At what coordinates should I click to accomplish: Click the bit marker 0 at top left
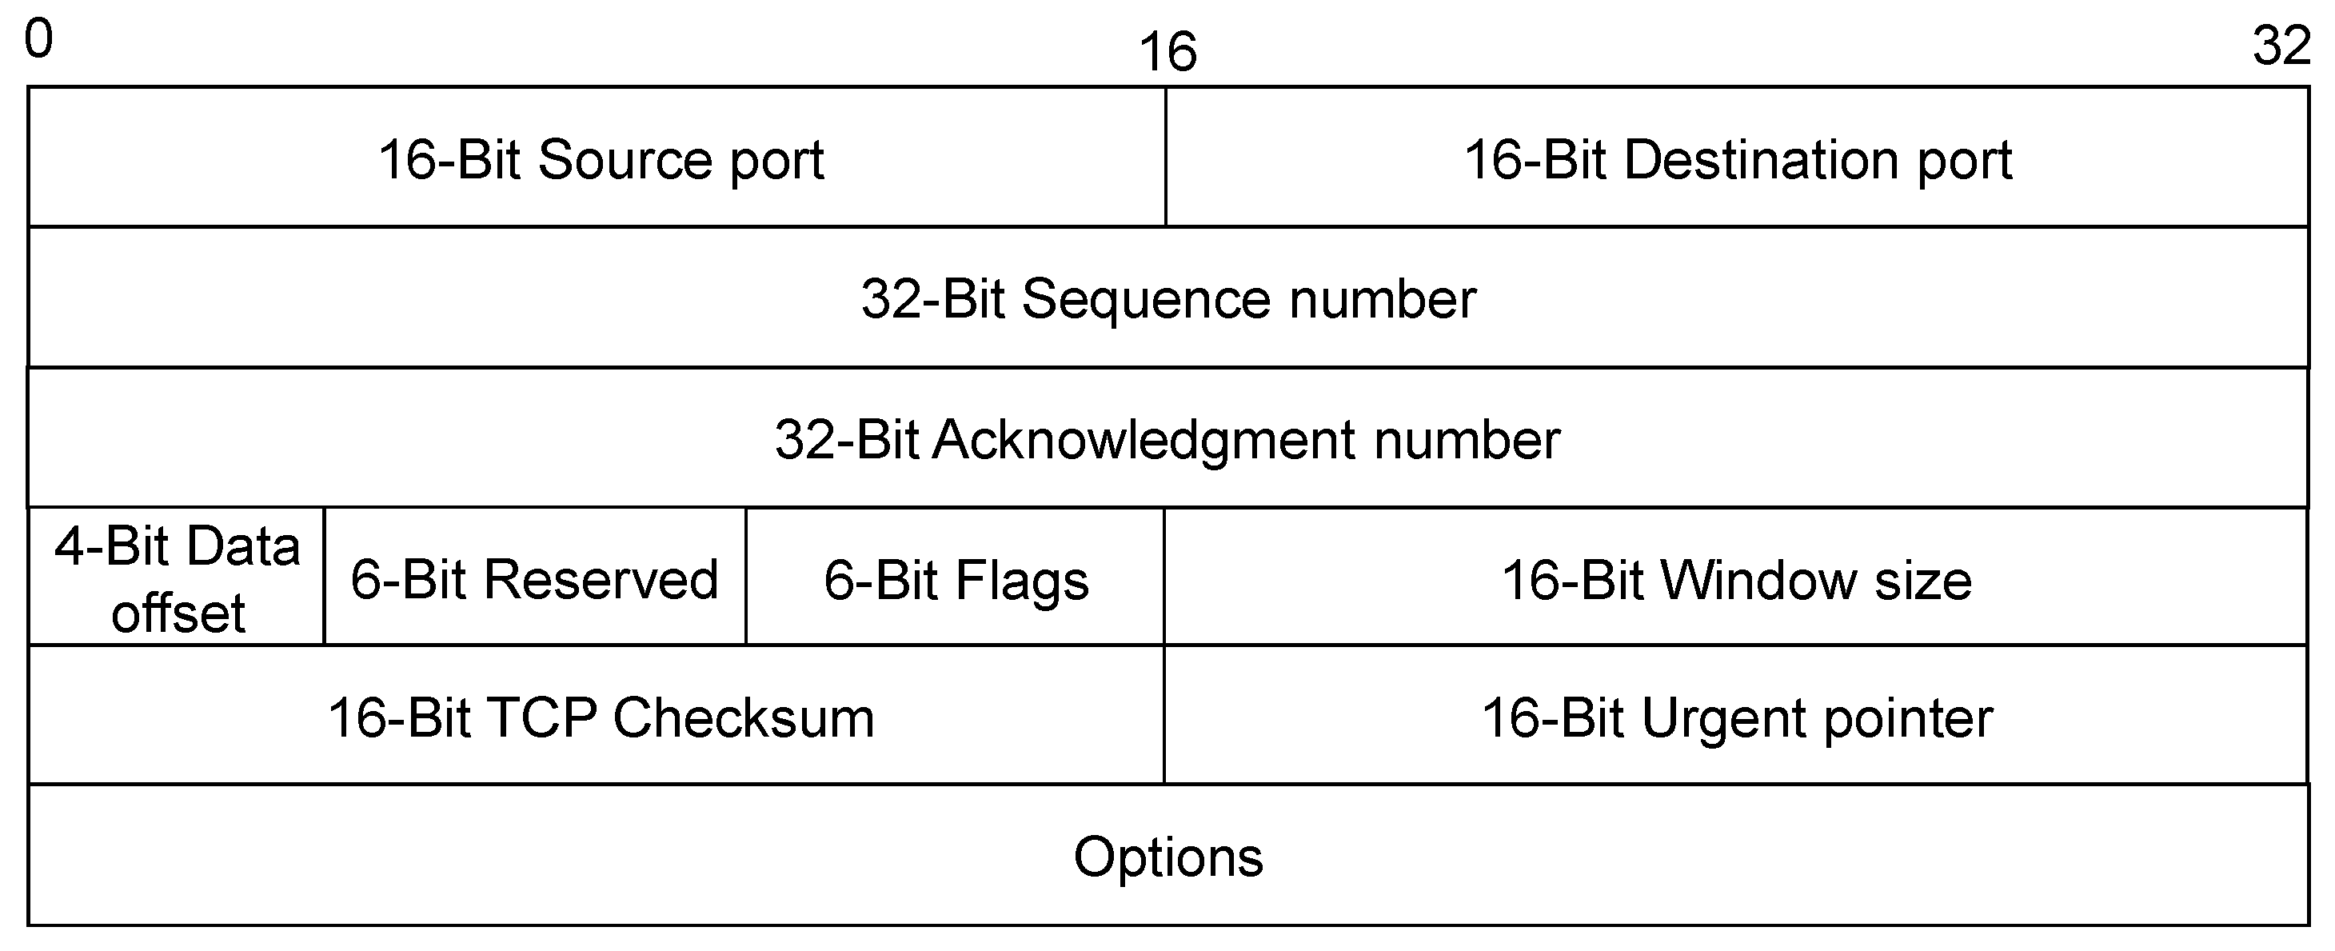tap(39, 41)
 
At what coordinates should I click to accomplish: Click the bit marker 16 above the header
tap(1167, 52)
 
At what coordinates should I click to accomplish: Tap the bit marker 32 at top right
tap(2281, 46)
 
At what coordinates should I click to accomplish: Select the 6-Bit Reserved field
tap(535, 579)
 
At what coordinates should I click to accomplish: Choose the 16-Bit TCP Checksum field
tap(600, 718)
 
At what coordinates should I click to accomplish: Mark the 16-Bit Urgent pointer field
tap(1737, 718)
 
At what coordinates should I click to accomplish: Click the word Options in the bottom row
tap(1167, 857)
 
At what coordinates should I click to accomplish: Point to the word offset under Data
tap(178, 613)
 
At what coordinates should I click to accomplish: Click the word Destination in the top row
tap(1760, 159)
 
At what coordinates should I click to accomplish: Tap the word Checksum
tap(744, 718)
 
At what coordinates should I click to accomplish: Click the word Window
tap(1758, 580)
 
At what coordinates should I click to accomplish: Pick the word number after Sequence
tap(1383, 299)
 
